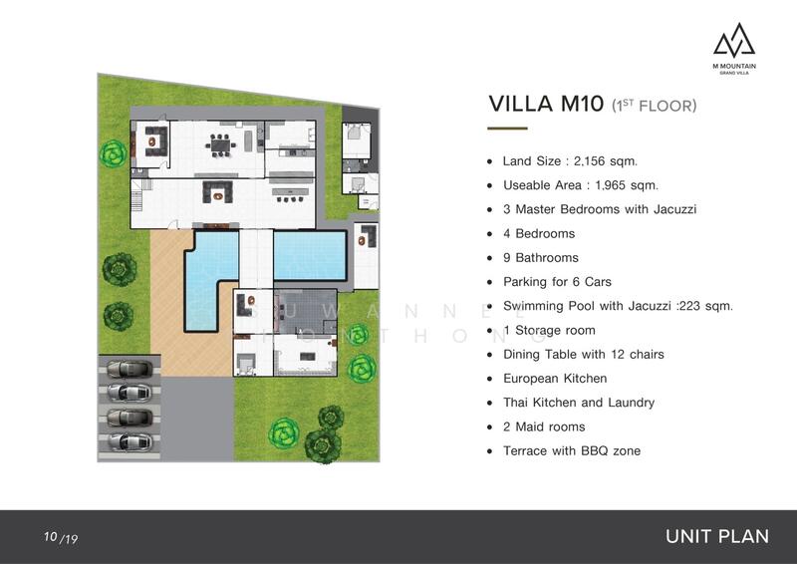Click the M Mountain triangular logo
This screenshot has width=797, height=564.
click(734, 39)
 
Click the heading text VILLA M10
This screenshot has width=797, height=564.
click(546, 104)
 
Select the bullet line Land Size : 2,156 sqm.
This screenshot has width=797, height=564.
click(570, 161)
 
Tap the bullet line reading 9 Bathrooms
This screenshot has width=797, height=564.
click(541, 258)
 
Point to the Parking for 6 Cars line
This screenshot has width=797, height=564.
click(557, 282)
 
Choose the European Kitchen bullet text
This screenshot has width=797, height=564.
click(555, 379)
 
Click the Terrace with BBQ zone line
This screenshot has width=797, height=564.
click(572, 450)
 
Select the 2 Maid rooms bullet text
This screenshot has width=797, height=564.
click(544, 426)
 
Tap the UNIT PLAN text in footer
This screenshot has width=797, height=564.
click(717, 536)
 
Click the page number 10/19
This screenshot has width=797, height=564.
click(61, 537)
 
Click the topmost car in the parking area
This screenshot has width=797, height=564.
click(130, 369)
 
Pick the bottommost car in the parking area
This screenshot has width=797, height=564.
click(130, 442)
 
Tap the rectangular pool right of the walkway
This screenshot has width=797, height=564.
click(310, 256)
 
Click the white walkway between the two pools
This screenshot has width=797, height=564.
click(256, 259)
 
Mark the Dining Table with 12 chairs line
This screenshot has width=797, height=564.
click(584, 355)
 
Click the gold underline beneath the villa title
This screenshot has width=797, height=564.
click(507, 129)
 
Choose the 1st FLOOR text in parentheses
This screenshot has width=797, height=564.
click(655, 106)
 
